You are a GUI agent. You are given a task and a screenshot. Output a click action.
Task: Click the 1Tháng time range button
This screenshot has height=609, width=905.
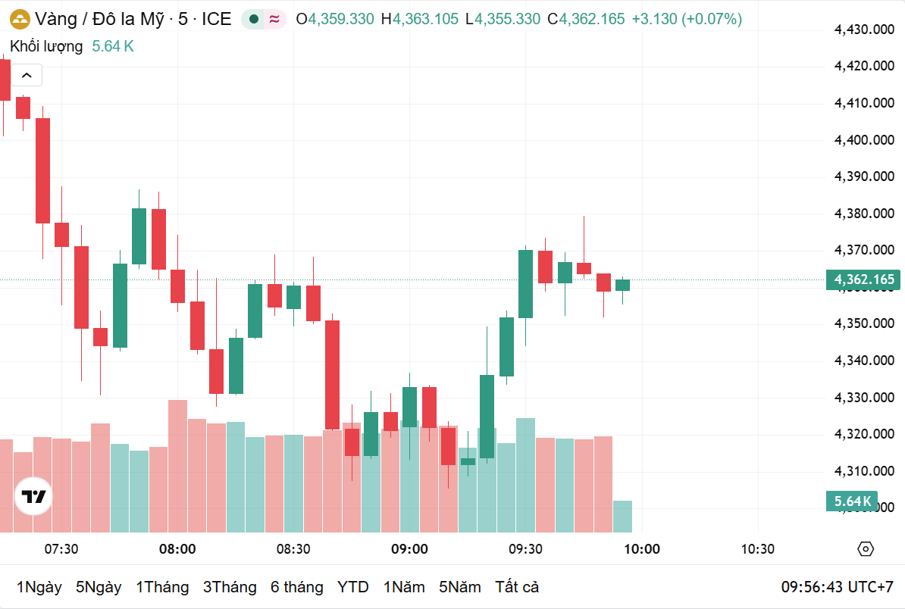coord(162,587)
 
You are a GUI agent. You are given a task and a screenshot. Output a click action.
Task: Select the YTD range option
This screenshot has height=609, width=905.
coord(352,587)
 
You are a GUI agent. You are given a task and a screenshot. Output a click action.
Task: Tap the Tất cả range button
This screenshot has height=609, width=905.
coord(517,587)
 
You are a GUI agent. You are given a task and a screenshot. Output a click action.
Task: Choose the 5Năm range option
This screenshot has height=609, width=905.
coord(459,587)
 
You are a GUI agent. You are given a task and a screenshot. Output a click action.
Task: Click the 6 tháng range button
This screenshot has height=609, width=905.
coord(296,587)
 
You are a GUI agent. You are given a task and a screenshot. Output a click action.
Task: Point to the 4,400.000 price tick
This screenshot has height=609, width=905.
coord(864,140)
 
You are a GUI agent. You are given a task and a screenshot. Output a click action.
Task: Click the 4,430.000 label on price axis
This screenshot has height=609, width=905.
coord(864,30)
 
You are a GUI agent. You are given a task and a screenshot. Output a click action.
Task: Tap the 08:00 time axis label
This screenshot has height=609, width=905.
coord(177,549)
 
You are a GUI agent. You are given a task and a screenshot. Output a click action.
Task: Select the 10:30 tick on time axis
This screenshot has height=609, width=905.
coord(757,549)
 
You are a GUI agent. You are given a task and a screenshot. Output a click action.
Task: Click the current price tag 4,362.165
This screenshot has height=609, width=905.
coord(864,280)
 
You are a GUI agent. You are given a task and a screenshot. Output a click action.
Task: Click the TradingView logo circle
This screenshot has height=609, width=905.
coord(33,497)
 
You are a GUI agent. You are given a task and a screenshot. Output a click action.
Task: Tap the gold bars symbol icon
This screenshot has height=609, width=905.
coord(19,19)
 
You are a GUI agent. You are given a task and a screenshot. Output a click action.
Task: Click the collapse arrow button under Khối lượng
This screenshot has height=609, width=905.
coord(27,75)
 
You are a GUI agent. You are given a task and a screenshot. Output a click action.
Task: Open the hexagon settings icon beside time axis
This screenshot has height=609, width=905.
coord(866,549)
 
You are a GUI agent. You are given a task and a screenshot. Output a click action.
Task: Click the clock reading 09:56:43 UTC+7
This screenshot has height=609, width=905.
coord(838,587)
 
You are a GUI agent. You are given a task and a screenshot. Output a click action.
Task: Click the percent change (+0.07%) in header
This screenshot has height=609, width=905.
coord(712,19)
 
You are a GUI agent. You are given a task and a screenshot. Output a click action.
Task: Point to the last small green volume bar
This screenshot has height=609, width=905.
coord(622,516)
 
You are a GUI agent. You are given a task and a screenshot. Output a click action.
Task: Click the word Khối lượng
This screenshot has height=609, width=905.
coord(46,46)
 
